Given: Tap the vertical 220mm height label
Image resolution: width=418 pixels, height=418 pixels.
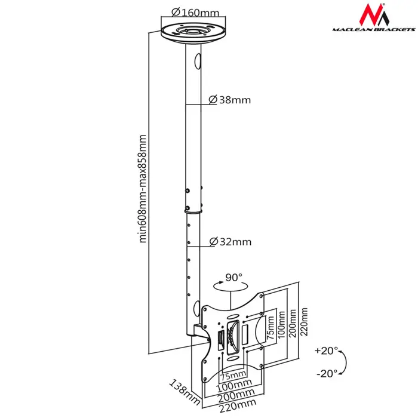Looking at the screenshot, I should coord(305,322).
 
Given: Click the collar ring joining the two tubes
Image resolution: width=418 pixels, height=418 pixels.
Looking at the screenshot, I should coord(194,209).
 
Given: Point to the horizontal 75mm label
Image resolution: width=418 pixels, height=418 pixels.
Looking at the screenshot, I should coord(232,376).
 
